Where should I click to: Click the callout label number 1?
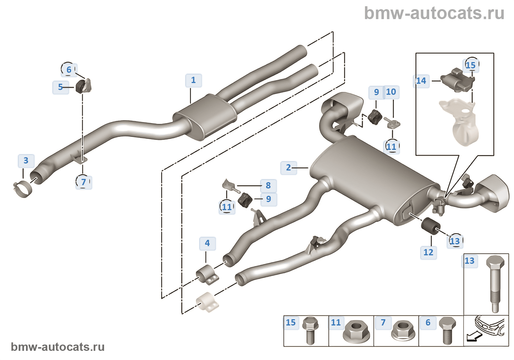[x=193, y=80]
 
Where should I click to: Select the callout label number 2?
[x=288, y=168]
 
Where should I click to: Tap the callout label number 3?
[x=26, y=161]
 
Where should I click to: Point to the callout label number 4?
[x=207, y=243]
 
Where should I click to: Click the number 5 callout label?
[x=61, y=87]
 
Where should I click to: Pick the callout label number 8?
[x=268, y=186]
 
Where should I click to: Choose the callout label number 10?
[x=391, y=92]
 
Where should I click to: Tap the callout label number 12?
[x=428, y=252]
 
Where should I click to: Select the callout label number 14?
[x=421, y=81]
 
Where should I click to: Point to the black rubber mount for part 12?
[x=430, y=225]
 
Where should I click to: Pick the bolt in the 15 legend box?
[x=310, y=331]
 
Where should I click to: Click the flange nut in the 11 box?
[x=355, y=331]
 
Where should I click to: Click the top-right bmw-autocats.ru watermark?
[x=434, y=13]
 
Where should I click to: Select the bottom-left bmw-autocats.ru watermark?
[x=58, y=347]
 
